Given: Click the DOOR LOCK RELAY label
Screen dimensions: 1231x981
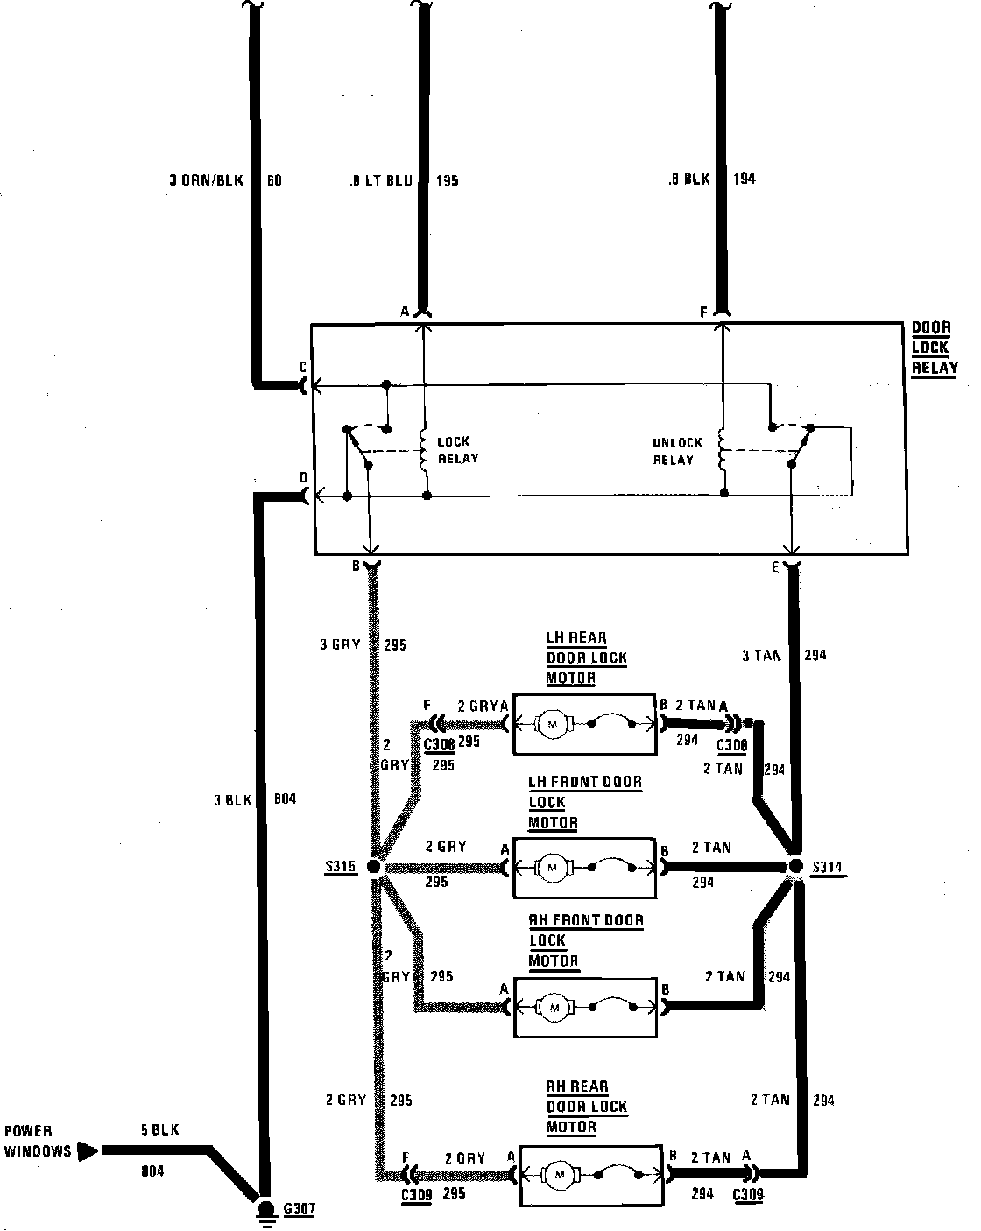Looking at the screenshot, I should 934,348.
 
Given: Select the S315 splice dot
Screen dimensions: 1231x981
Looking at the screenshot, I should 373,867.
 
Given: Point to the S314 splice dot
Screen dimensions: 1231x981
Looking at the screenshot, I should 795,867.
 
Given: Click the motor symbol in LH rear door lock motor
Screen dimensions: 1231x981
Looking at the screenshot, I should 553,723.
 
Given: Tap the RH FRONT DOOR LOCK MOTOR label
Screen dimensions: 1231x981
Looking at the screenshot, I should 584,940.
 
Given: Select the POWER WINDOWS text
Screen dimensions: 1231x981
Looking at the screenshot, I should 38,1141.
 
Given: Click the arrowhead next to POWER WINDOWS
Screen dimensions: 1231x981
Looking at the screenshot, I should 88,1150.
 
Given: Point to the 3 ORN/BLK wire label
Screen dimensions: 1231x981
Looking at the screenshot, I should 207,182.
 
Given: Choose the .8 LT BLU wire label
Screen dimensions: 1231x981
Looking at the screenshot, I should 381,182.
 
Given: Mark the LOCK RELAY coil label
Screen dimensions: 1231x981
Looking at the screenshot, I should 457,450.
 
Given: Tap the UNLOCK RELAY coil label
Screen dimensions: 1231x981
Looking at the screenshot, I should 677,451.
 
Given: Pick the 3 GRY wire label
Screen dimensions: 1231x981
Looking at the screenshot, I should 340,645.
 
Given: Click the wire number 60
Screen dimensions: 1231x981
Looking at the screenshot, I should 274,182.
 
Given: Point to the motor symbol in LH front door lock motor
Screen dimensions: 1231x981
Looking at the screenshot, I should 553,867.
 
